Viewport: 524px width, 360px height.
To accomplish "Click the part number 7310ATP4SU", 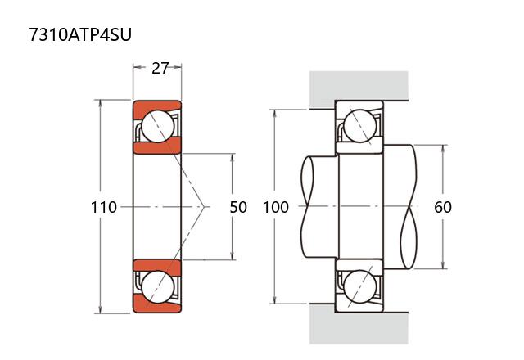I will (79, 34).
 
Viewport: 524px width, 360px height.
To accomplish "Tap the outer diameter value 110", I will (104, 207).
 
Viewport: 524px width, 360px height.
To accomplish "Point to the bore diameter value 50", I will (238, 207).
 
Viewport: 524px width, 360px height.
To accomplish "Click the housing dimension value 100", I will (276, 207).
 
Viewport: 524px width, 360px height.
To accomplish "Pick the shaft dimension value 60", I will (443, 207).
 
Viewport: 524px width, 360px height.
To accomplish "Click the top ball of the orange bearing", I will (157, 126).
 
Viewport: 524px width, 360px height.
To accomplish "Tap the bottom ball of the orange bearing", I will (157, 288).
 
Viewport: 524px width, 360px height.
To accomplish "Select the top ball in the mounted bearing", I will (359, 126).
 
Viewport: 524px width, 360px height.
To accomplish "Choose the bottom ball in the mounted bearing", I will (359, 287).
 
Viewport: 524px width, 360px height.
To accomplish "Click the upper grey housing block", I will (358, 87).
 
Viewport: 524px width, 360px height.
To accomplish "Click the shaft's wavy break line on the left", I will (307, 207).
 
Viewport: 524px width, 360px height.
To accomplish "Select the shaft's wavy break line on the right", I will (409, 207).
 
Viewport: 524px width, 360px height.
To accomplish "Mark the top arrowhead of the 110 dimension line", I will (101, 105).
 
